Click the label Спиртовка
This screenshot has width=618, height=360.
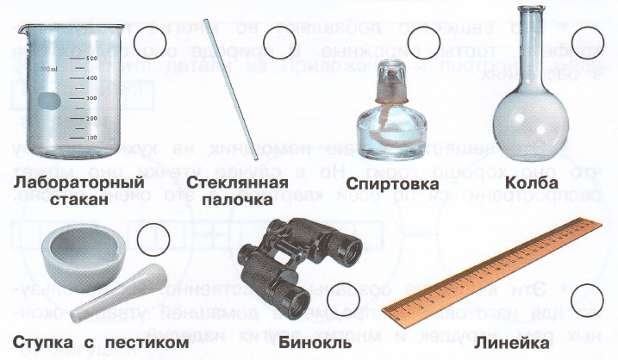(x=390, y=184)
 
